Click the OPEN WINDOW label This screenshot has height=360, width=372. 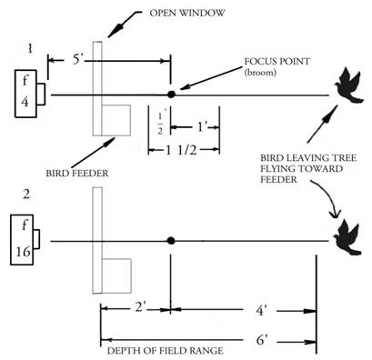(187, 13)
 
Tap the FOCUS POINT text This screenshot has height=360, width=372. (277, 61)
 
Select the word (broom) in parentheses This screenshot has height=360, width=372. (260, 73)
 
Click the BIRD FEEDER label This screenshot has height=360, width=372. (77, 174)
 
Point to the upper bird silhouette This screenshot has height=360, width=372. (348, 85)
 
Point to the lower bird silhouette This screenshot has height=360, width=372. (347, 237)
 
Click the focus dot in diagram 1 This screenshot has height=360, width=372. (171, 95)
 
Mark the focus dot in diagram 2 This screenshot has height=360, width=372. (171, 241)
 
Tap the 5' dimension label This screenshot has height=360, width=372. (77, 60)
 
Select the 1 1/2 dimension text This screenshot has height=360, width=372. (181, 150)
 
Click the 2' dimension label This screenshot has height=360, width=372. (140, 308)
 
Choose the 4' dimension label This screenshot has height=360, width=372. (261, 311)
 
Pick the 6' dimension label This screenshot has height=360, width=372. (262, 341)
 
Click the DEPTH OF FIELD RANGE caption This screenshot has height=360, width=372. (166, 351)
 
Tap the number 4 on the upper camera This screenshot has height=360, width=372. (25, 102)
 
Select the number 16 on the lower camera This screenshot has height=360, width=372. (24, 251)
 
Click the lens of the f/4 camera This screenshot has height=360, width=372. (41, 95)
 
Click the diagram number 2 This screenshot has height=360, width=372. (26, 195)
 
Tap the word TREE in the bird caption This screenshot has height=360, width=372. (341, 158)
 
